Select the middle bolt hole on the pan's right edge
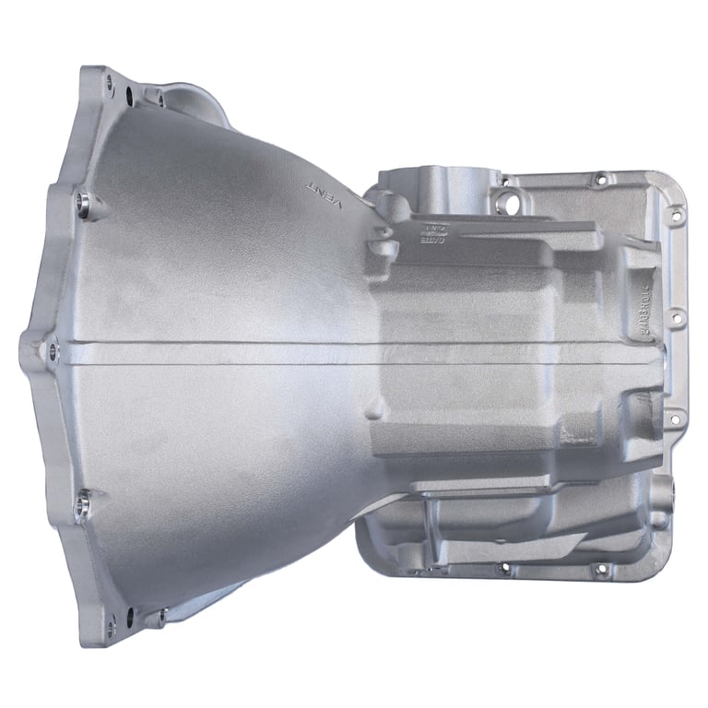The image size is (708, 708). (x=676, y=316)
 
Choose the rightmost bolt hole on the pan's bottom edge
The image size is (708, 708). (x=601, y=569)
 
